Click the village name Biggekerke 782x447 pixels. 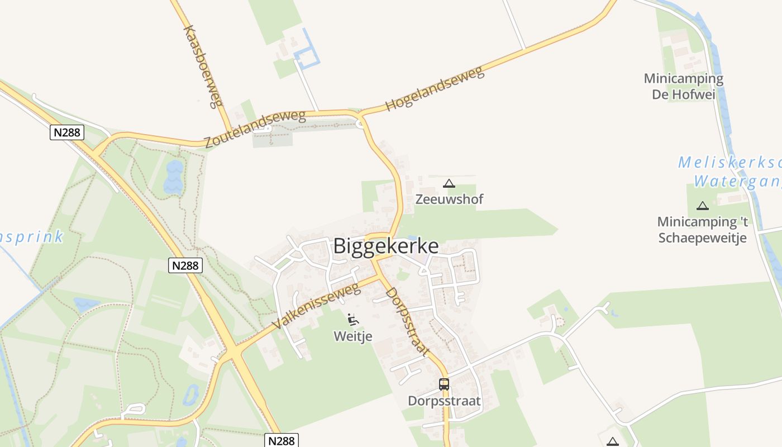tap(386, 246)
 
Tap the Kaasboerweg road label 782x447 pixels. tap(203, 66)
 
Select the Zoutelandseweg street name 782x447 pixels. tap(255, 130)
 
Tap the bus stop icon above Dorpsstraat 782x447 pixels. tap(444, 384)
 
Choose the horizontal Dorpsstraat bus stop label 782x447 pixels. tap(444, 401)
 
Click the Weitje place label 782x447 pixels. tap(353, 336)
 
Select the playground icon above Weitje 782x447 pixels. tap(353, 320)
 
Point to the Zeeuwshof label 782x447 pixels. tap(449, 199)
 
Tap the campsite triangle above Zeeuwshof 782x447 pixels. tap(449, 183)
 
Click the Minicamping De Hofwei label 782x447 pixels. tap(684, 86)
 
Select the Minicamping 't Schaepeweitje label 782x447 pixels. tap(703, 230)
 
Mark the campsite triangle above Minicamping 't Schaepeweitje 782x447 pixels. tap(703, 206)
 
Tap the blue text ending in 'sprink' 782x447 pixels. tap(31, 237)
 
